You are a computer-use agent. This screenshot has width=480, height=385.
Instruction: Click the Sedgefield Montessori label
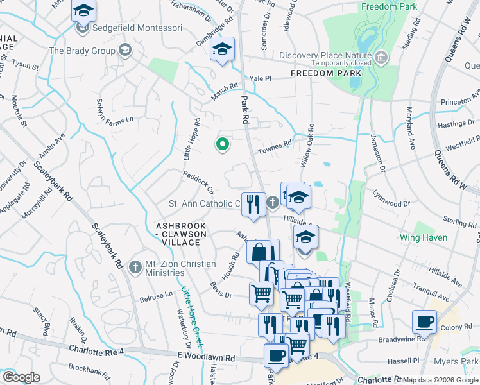pyautogui.click(x=137, y=28)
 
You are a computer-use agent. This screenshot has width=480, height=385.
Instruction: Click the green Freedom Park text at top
pyautogui.click(x=389, y=6)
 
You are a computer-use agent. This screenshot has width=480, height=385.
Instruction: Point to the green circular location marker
pyautogui.click(x=223, y=144)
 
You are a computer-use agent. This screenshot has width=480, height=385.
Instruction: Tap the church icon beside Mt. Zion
pyautogui.click(x=135, y=266)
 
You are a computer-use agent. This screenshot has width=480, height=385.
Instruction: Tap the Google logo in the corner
pyautogui.click(x=21, y=377)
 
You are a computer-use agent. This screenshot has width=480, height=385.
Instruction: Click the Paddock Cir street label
pyautogui.click(x=198, y=182)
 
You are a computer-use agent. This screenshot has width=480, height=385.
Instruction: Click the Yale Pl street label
pyautogui.click(x=261, y=78)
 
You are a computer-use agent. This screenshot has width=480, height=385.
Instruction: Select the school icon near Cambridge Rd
pyautogui.click(x=222, y=49)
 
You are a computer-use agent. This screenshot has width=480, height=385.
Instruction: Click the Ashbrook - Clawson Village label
pyautogui.click(x=181, y=230)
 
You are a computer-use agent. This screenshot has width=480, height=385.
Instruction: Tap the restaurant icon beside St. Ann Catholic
pyautogui.click(x=254, y=204)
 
